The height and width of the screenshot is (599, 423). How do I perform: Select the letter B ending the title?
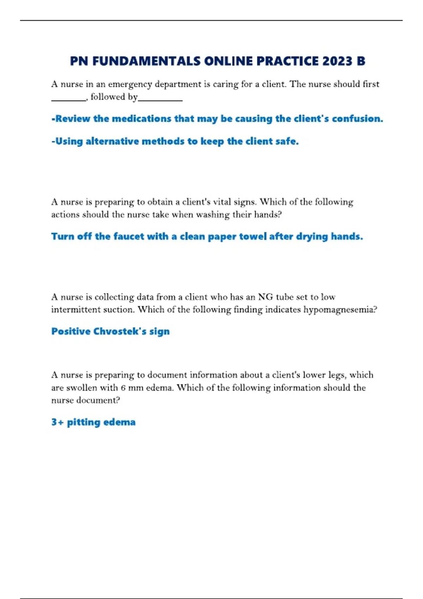361,61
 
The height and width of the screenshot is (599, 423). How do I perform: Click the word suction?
119,310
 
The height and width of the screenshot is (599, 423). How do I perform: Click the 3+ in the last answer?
57,422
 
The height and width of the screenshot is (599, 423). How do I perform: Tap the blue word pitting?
84,422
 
